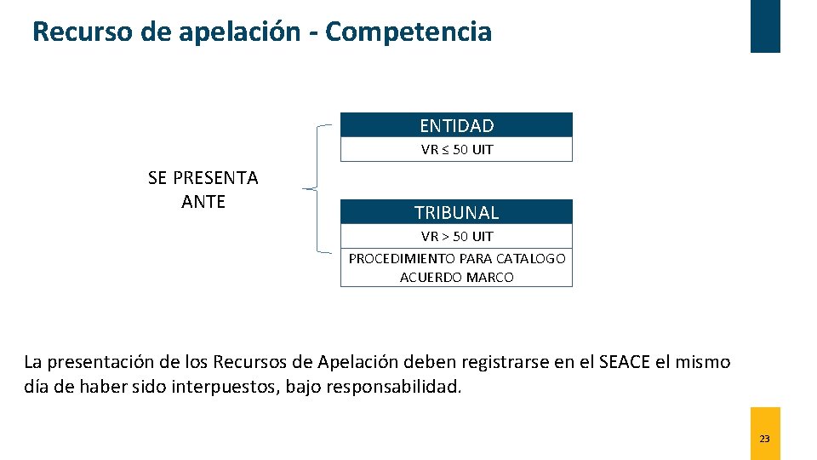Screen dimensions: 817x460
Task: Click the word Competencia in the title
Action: click(408, 32)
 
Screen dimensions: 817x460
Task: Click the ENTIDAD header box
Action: click(456, 125)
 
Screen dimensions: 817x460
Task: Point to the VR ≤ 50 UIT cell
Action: click(456, 150)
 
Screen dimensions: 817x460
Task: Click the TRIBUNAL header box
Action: click(456, 212)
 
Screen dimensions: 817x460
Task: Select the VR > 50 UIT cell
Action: click(456, 236)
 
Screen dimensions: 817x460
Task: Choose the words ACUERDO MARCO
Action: click(456, 277)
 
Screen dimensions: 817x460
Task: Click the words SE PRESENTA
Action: click(203, 178)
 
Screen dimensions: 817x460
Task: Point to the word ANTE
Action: click(203, 202)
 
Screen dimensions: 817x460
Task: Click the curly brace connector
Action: click(317, 188)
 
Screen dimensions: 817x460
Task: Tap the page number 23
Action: click(764, 439)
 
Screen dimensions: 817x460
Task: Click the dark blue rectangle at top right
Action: click(764, 26)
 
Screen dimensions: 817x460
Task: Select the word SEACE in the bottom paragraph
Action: click(626, 362)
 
